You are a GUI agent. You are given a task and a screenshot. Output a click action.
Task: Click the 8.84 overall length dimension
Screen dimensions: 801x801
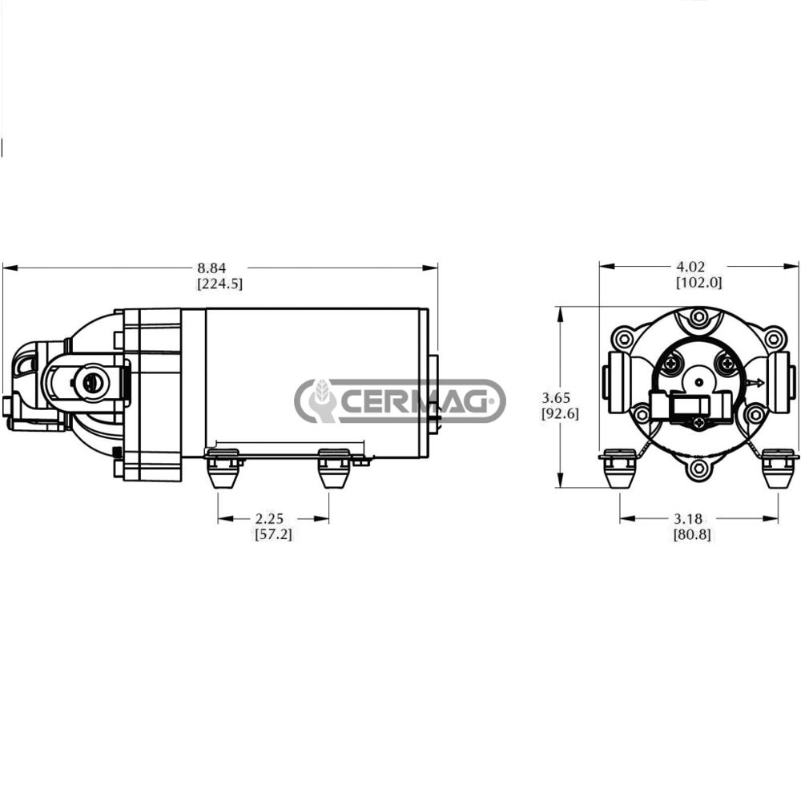click(x=211, y=268)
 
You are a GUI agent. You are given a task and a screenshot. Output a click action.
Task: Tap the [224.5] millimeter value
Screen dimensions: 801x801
click(x=219, y=284)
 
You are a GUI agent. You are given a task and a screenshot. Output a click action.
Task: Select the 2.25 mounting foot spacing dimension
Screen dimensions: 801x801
click(x=269, y=518)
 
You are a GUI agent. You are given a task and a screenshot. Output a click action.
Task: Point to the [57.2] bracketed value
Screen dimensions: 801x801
click(x=274, y=534)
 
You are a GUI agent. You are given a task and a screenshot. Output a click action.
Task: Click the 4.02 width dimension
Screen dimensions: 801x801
click(x=690, y=266)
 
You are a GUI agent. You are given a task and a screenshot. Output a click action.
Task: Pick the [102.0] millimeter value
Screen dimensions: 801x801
click(x=699, y=282)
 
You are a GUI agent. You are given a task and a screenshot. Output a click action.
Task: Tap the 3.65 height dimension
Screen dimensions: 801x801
click(x=556, y=397)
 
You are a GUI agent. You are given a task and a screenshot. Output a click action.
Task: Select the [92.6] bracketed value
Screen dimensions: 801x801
click(x=561, y=413)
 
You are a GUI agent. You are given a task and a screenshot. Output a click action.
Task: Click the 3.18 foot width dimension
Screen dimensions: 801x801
click(x=688, y=518)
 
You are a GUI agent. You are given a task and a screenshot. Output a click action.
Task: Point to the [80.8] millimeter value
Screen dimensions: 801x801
click(x=692, y=534)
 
